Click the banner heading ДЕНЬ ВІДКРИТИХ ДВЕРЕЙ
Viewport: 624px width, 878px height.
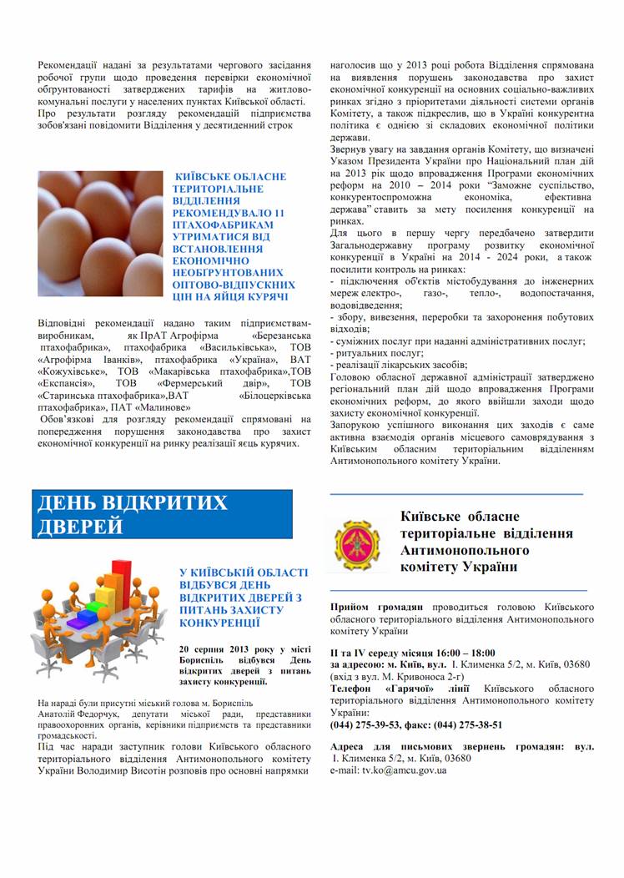click(x=133, y=514)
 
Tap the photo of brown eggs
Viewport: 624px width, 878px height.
click(x=100, y=236)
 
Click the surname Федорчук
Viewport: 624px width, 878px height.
click(x=106, y=714)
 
